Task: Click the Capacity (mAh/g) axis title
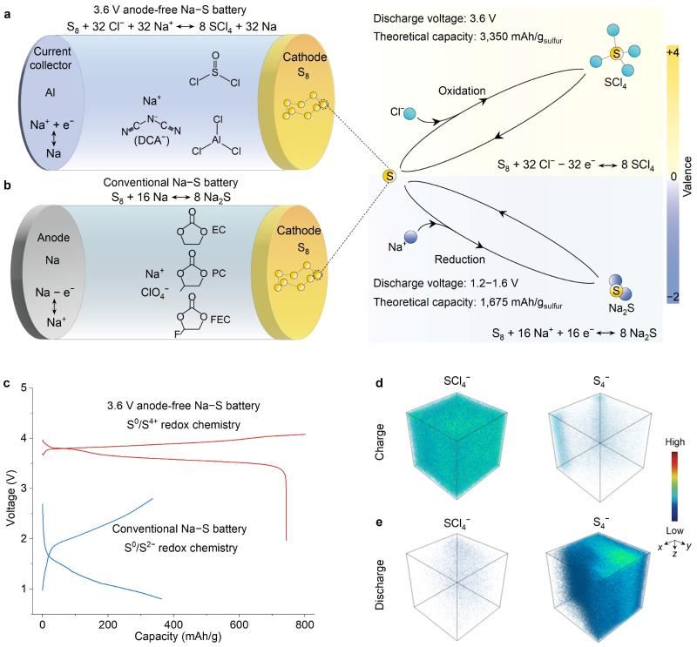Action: coord(174,637)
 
